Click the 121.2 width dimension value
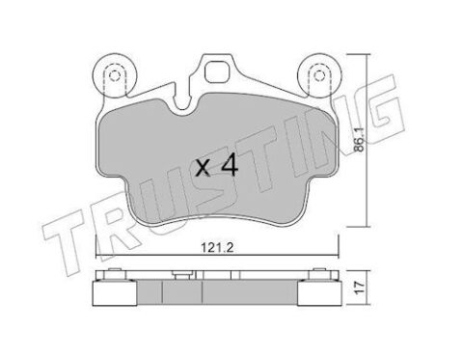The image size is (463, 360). click(217, 247)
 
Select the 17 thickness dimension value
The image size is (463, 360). click(360, 287)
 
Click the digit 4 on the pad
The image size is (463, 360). click(230, 166)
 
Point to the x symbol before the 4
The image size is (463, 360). click(204, 169)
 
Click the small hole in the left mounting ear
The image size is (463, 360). click(114, 76)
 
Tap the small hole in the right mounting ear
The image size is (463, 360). click(318, 76)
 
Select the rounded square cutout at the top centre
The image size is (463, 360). click(217, 72)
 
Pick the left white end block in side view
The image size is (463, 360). click(115, 293)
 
